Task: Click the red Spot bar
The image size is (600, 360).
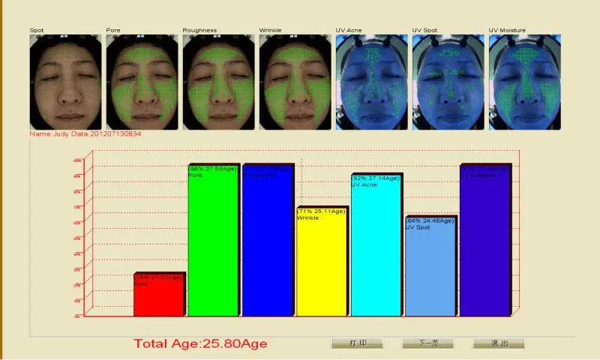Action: (x=158, y=296)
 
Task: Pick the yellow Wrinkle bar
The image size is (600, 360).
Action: (x=321, y=262)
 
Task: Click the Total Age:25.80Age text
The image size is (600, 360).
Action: (x=200, y=343)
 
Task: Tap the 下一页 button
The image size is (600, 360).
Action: (x=427, y=343)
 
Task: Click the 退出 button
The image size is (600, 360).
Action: (x=498, y=343)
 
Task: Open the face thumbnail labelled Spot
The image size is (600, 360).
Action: (x=65, y=82)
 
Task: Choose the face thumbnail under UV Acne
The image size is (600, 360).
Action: (x=371, y=82)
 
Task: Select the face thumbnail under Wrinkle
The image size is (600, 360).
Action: (x=295, y=82)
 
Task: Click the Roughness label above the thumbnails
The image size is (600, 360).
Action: (x=199, y=30)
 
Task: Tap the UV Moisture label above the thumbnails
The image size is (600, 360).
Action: (x=507, y=30)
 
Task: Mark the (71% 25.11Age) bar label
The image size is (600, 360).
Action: (x=321, y=211)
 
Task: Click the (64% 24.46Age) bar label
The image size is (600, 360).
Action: (x=430, y=221)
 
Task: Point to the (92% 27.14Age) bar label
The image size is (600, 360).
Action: (x=376, y=178)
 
